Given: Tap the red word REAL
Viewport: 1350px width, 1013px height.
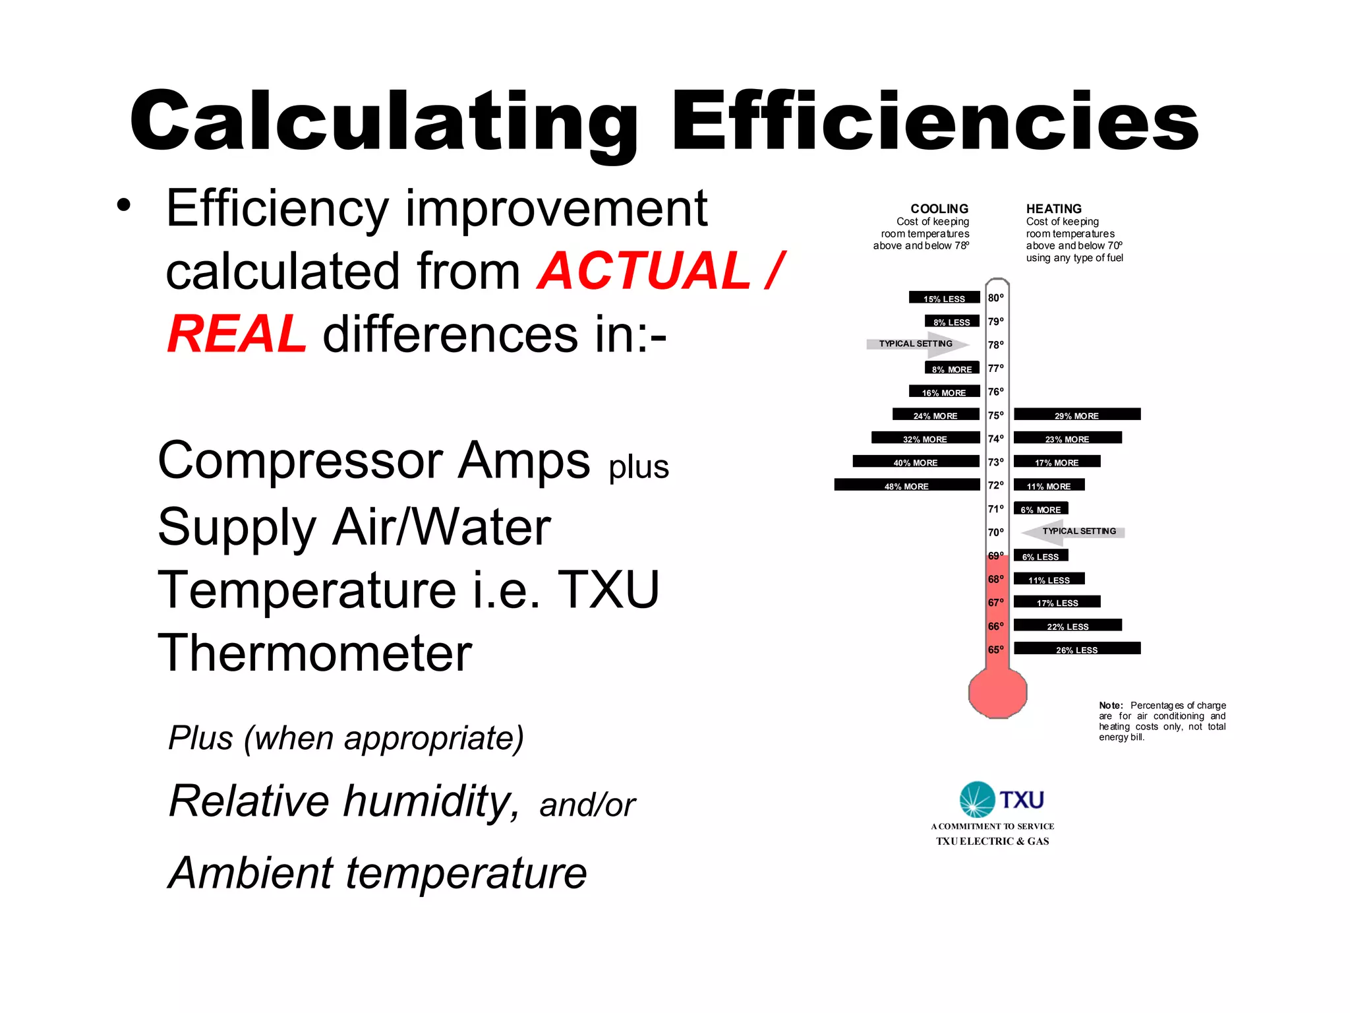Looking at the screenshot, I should (x=237, y=334).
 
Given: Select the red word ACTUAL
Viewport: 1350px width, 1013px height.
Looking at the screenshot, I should (x=645, y=271).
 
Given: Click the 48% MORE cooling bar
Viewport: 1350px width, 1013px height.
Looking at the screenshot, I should (x=906, y=485).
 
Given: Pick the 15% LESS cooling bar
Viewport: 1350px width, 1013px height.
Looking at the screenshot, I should (x=944, y=298).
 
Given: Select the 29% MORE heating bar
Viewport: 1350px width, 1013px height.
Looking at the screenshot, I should (x=1076, y=415).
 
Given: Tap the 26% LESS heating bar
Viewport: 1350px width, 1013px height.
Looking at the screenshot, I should (x=1076, y=649).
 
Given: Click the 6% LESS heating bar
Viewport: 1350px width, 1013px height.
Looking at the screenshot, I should (x=1040, y=556).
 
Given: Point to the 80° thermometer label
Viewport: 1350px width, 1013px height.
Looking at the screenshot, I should (x=995, y=298).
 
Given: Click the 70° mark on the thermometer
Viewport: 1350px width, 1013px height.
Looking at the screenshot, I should (x=995, y=532).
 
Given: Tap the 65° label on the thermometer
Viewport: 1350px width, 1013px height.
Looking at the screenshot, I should (x=995, y=650).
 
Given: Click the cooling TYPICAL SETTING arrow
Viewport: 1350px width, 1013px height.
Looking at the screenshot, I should (x=918, y=344).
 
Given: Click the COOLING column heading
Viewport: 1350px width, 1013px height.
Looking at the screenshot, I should (x=939, y=208).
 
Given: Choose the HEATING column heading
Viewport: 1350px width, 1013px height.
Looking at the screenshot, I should (x=1053, y=208).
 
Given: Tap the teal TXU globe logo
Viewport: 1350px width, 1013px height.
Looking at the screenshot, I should (x=977, y=799).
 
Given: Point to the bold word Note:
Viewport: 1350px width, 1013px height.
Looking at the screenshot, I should (x=1111, y=705).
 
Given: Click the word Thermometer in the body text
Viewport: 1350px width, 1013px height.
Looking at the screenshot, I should (x=315, y=653).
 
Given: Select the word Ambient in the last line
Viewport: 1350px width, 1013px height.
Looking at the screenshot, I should (x=250, y=873).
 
